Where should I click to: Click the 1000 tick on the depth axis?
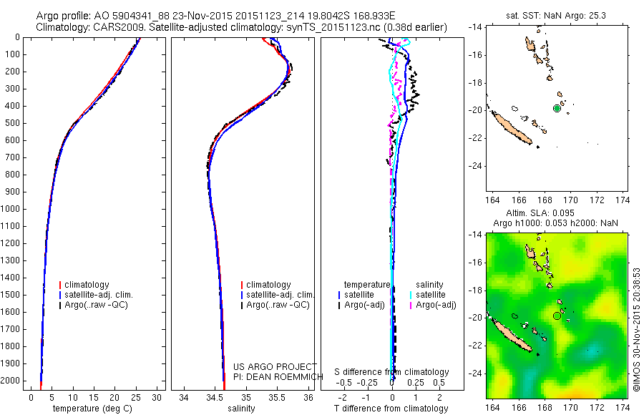click(11, 209)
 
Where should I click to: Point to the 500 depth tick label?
click(11, 123)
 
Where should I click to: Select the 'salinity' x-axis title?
click(240, 409)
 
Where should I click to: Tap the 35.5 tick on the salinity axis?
click(278, 398)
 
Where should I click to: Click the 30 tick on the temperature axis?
click(157, 398)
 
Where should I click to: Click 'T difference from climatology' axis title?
click(391, 409)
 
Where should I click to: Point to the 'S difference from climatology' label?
click(391, 372)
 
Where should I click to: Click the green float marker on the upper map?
click(557, 108)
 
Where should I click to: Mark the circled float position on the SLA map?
click(557, 316)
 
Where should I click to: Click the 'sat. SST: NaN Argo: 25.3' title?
click(557, 13)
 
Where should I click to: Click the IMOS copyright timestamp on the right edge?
click(635, 326)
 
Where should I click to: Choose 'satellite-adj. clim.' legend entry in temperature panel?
click(104, 295)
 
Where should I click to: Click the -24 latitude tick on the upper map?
click(474, 166)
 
